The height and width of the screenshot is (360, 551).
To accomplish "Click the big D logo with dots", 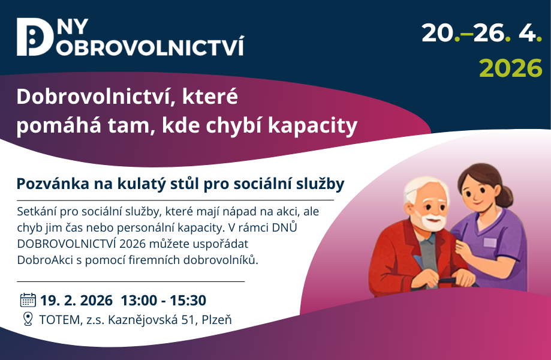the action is click(34, 37).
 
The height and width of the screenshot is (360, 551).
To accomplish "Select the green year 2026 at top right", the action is click(511, 68).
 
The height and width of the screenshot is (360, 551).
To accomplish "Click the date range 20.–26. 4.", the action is click(482, 34).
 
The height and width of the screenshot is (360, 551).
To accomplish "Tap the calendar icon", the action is click(28, 300).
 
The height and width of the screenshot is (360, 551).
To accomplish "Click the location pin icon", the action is click(28, 319).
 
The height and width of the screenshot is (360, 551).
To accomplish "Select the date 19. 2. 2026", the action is click(76, 301).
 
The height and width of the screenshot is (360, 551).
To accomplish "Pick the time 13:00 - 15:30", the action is click(164, 301).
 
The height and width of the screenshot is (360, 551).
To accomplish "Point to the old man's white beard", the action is click(432, 220).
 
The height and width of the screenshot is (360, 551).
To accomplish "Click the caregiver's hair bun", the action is click(506, 196).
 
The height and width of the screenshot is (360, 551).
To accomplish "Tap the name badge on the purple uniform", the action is click(490, 242).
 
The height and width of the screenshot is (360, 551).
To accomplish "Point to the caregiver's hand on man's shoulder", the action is click(463, 248).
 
